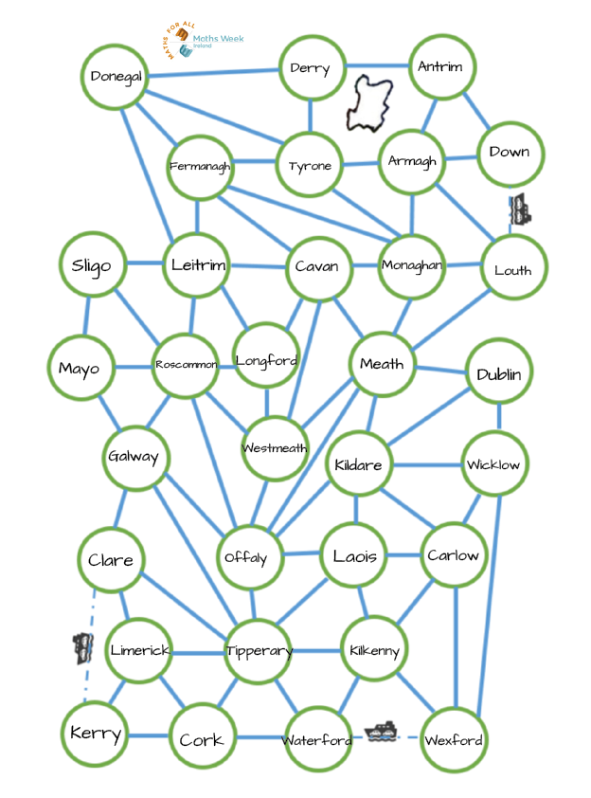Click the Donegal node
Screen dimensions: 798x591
(x=116, y=76)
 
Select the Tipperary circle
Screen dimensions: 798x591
(x=258, y=651)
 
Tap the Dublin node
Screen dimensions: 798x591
(x=499, y=373)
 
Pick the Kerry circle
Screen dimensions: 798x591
(x=96, y=734)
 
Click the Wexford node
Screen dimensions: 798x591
(x=453, y=739)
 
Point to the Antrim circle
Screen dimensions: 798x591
(x=440, y=66)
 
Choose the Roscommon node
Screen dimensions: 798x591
(x=186, y=364)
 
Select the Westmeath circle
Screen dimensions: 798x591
(x=274, y=448)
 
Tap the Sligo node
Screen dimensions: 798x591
(x=92, y=265)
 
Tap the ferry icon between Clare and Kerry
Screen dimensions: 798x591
(x=83, y=648)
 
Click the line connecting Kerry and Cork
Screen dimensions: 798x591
(x=148, y=736)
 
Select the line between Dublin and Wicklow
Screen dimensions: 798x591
(x=499, y=419)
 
